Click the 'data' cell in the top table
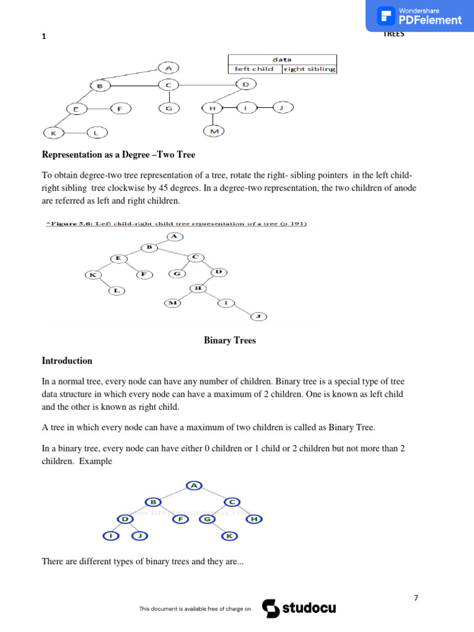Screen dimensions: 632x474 tap(282, 60)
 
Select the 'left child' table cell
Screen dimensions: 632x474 tap(254, 69)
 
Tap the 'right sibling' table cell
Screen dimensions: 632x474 tap(309, 69)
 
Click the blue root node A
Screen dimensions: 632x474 tap(194, 486)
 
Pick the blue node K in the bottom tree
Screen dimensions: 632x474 tap(228, 536)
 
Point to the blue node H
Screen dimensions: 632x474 tap(254, 519)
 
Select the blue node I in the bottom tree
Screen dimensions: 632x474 tap(111, 536)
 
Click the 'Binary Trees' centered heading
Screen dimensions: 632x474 tap(230, 340)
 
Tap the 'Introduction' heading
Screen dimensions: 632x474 tap(67, 361)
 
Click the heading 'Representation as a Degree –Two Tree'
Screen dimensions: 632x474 tap(118, 154)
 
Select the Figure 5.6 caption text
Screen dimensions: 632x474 tap(177, 223)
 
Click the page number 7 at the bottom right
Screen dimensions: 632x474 tap(415, 597)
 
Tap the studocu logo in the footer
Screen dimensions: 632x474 tap(299, 609)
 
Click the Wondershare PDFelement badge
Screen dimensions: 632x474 tap(420, 15)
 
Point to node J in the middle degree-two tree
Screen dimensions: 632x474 tap(259, 316)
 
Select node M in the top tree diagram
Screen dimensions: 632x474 tap(214, 131)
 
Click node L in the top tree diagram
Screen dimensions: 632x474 tap(96, 132)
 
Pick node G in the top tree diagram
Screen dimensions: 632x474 tap(168, 108)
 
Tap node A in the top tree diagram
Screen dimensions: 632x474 tap(168, 67)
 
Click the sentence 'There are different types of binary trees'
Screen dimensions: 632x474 tap(143, 561)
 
